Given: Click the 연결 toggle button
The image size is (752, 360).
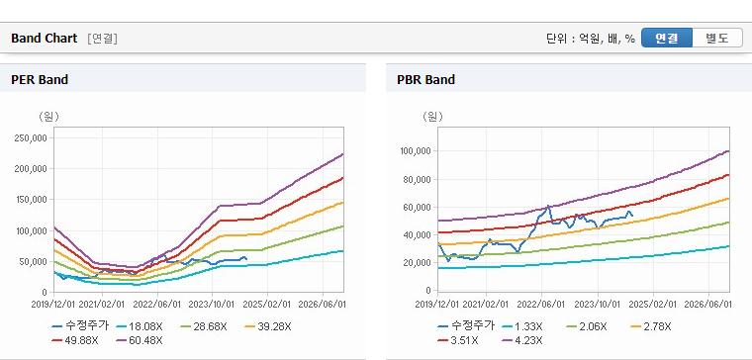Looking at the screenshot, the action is [667, 38].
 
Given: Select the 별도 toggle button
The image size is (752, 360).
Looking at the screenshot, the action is [717, 38].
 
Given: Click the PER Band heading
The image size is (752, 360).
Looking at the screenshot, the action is [40, 79].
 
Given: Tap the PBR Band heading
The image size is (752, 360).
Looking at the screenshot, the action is [425, 79].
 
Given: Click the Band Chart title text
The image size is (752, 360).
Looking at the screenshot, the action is [45, 39].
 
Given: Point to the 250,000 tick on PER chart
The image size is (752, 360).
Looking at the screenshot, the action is [32, 138].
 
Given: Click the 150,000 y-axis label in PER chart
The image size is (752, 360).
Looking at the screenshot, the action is [32, 200].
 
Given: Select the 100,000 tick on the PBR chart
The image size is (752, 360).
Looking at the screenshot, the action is [417, 151].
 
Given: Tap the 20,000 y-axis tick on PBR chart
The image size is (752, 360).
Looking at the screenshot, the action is [419, 263].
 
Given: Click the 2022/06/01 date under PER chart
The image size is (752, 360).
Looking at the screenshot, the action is [157, 305].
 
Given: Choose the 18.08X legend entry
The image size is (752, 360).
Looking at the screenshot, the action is [140, 327].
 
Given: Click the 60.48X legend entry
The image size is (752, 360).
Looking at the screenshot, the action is [140, 341].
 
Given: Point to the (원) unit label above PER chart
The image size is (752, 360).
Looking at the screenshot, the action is [48, 117].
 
